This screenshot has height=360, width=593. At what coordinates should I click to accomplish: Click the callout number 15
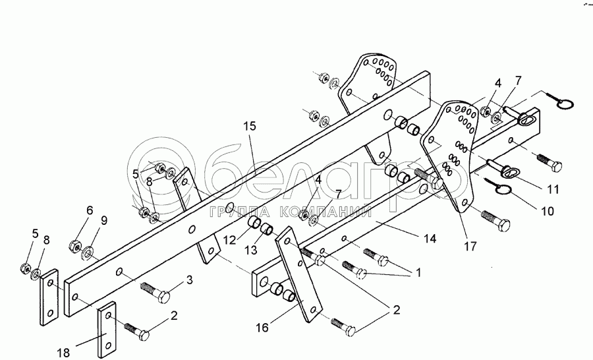(250, 126)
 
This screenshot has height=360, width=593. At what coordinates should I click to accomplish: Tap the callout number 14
(430, 239)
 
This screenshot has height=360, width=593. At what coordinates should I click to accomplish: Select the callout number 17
(470, 247)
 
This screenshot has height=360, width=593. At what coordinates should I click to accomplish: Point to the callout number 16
(262, 328)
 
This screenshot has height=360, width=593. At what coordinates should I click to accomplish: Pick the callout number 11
(553, 189)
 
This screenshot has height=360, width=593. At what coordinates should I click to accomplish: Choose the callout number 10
(548, 211)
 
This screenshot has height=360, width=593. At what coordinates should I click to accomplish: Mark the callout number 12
(229, 239)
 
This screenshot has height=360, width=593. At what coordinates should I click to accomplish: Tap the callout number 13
(251, 250)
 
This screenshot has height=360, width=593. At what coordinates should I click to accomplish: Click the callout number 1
(418, 272)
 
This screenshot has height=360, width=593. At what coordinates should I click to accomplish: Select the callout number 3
(190, 280)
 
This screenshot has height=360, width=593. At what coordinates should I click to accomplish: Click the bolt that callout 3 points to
(155, 293)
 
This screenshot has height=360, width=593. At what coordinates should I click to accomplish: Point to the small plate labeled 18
(107, 330)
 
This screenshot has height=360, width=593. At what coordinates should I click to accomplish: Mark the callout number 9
(104, 221)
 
